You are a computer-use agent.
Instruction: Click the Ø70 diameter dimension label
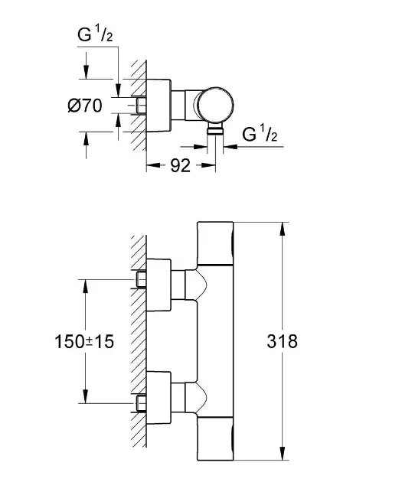pyautogui.click(x=85, y=106)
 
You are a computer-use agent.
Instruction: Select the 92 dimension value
pyautogui.click(x=180, y=166)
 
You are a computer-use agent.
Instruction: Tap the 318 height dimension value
pyautogui.click(x=282, y=341)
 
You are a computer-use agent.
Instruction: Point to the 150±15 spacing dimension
pyautogui.click(x=84, y=341)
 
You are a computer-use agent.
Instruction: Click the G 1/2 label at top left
pyautogui.click(x=95, y=34)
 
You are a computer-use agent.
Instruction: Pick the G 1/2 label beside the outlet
pyautogui.click(x=260, y=133)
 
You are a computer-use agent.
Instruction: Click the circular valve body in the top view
pyautogui.click(x=215, y=105)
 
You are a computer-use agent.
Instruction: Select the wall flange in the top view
pyautogui.click(x=159, y=106)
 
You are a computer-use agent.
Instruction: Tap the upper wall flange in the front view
pyautogui.click(x=159, y=285)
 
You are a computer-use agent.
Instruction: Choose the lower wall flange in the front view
pyautogui.click(x=159, y=398)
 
